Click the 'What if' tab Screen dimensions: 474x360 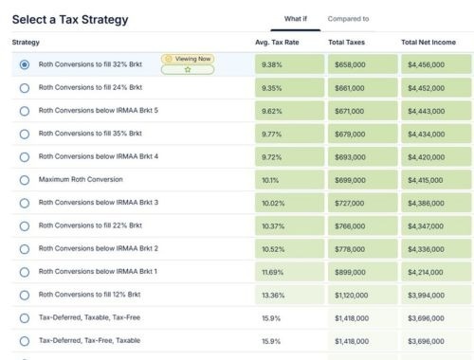click(296, 19)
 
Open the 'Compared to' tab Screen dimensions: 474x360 click(348, 19)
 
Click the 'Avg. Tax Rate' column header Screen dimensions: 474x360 click(277, 43)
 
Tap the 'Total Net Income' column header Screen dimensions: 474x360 click(428, 43)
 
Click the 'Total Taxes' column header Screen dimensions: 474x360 click(346, 43)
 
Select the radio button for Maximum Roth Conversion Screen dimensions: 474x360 click(25, 180)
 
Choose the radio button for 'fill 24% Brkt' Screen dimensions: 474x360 click(25, 88)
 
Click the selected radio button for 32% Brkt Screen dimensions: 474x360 click(25, 64)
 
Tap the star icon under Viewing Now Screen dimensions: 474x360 click(188, 69)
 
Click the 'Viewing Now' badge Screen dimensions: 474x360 click(188, 59)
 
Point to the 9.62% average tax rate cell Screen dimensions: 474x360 click(289, 111)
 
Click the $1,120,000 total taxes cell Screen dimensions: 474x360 click(363, 295)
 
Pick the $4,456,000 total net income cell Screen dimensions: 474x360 click(436, 64)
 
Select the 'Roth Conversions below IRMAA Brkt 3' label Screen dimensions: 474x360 click(99, 203)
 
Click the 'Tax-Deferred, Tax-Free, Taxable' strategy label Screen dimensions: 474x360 click(89, 340)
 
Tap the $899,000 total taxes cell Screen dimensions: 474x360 click(363, 272)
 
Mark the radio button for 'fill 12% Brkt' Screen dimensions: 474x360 click(25, 296)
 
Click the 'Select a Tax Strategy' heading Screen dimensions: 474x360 click(70, 20)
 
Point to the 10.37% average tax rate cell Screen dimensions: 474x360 click(289, 225)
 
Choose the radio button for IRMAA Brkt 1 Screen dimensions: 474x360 click(25, 272)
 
